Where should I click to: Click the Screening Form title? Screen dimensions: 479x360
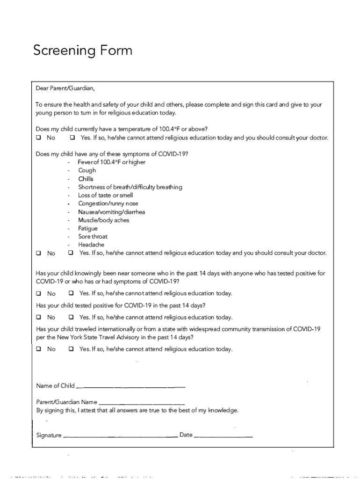82,51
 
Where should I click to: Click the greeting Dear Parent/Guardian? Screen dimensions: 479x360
65,88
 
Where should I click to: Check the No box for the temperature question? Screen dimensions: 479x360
38,138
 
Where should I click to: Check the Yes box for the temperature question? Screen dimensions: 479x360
72,138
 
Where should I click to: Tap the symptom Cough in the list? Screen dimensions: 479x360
87,170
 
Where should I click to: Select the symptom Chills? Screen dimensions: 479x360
86,179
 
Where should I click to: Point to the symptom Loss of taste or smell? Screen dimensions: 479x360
105,195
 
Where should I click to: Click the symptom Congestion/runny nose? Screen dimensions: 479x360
108,203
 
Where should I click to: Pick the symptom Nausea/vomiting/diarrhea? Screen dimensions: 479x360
111,212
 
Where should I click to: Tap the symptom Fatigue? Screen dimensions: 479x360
88,228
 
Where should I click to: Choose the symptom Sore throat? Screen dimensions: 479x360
93,236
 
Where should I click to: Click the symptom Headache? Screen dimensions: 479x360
91,245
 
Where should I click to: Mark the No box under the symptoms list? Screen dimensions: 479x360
38,253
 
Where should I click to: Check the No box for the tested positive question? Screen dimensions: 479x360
38,317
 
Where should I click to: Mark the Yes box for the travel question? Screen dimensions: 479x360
71,349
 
